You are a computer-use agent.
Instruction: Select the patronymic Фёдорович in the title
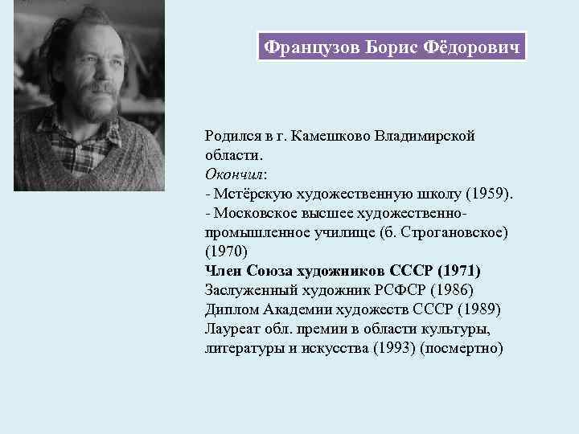[x=472, y=47]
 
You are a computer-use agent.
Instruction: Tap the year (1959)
[x=489, y=194]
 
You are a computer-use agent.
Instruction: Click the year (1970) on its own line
[x=224, y=252]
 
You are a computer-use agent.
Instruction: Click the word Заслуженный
[x=247, y=290]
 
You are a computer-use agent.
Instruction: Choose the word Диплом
[x=231, y=309]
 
